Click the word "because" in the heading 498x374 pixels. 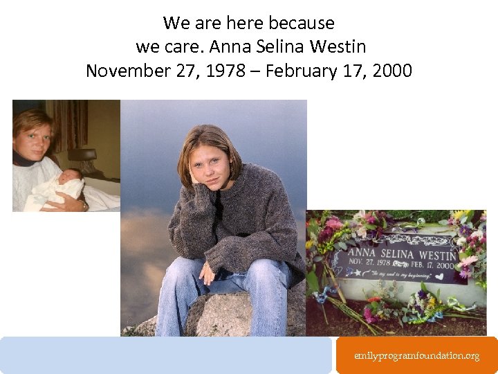pyautogui.click(x=302, y=23)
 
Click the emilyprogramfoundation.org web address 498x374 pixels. pyautogui.click(x=416, y=355)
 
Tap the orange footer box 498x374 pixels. pyautogui.click(x=416, y=355)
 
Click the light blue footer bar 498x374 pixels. pyautogui.click(x=166, y=355)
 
